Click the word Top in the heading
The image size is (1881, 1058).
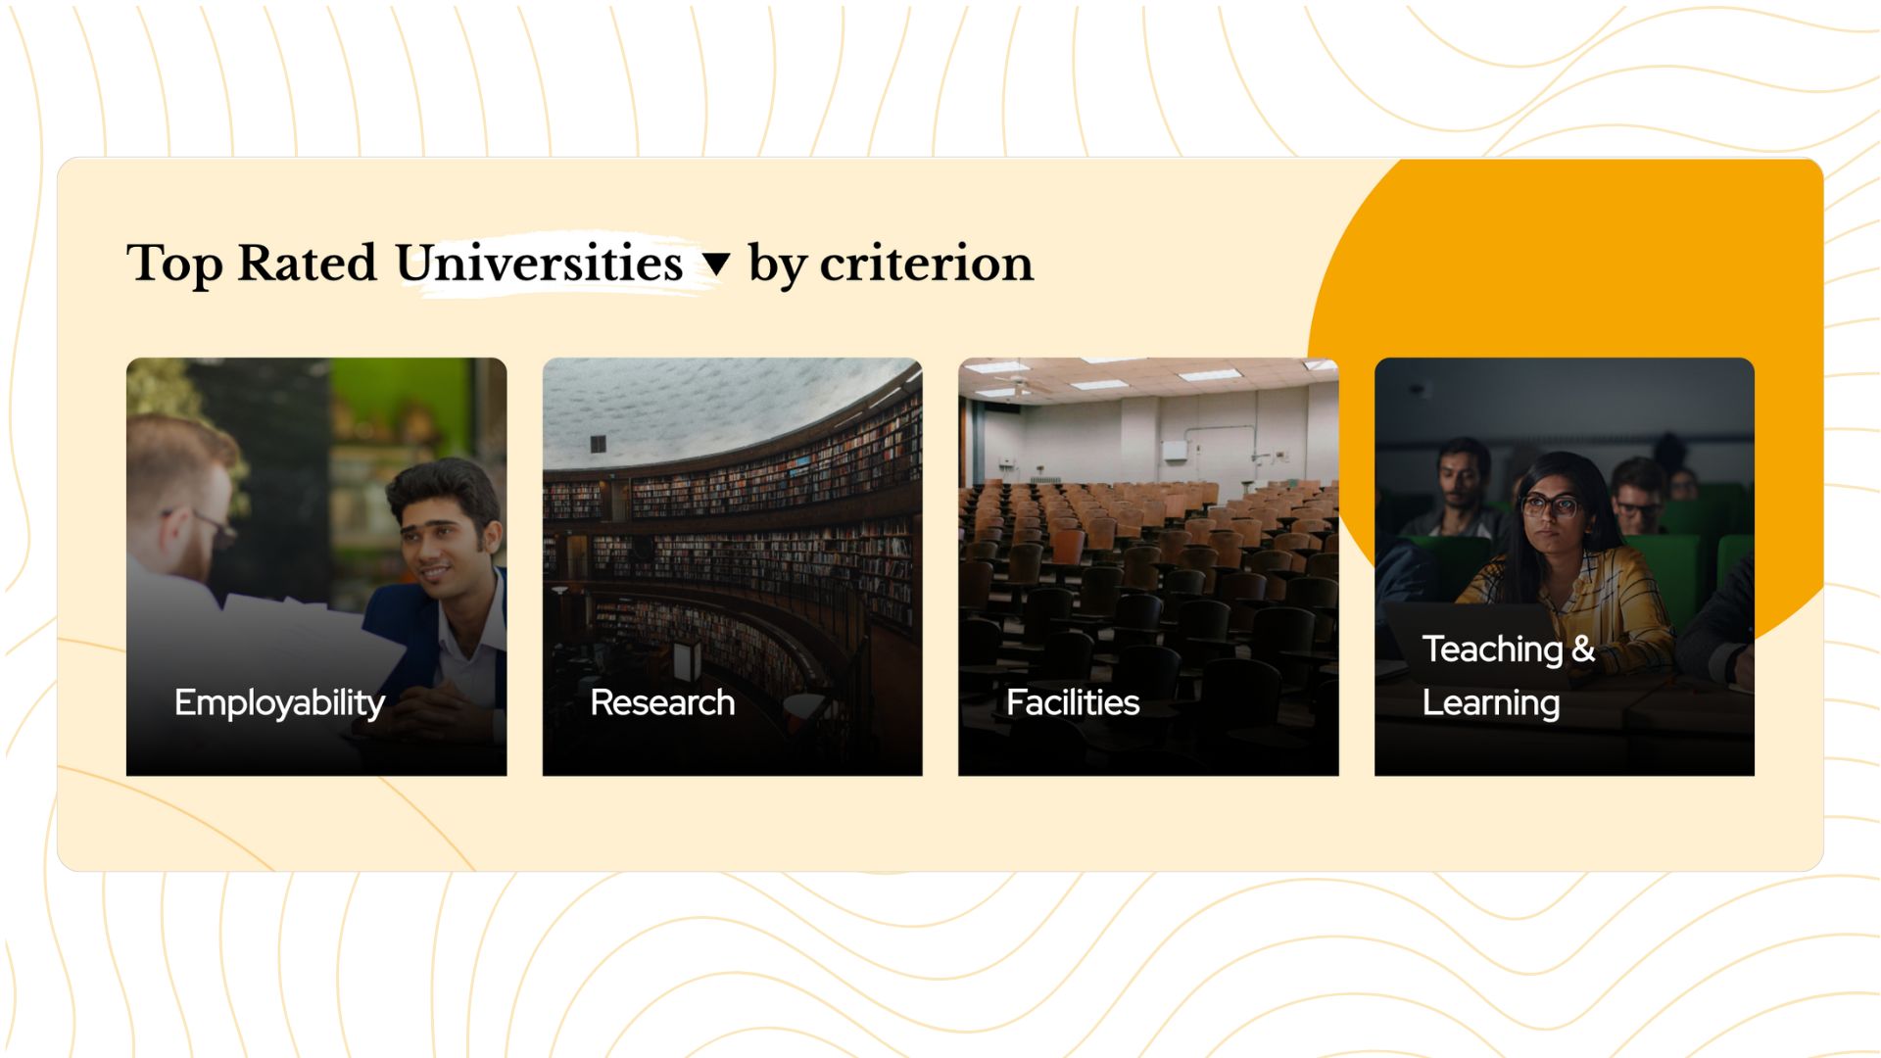tap(175, 264)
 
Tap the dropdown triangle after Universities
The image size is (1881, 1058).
tap(717, 264)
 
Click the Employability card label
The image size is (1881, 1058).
tap(279, 703)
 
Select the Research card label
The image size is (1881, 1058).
tap(662, 702)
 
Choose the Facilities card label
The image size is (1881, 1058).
tap(1073, 702)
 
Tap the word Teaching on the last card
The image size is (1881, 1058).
tap(1492, 649)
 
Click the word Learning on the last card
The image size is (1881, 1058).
tap(1491, 703)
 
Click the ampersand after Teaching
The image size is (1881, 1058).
tap(1583, 649)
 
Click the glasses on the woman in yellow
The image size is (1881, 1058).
tap(1549, 506)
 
